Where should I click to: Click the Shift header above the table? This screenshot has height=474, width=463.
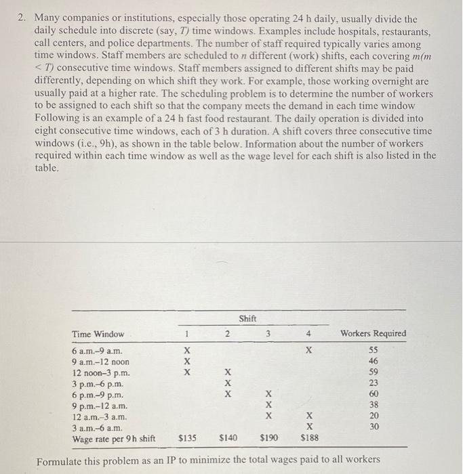coord(248,318)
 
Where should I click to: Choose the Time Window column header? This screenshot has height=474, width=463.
coord(98,334)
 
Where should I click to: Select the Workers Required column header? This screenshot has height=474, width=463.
coord(373,334)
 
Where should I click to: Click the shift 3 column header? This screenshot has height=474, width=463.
coord(268,334)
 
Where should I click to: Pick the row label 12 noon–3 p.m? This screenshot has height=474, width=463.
coord(100,373)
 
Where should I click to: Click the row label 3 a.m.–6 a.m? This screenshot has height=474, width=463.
coord(97,427)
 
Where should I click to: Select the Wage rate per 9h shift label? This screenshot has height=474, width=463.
coord(114,439)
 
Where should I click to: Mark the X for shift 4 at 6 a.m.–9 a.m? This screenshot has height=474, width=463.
coord(309,351)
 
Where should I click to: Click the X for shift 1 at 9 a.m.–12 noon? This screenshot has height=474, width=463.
coord(187,362)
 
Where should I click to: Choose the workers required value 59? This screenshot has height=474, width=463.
coord(373,373)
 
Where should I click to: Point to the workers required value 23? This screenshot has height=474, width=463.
coord(373,383)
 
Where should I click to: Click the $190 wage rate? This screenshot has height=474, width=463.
coord(268,439)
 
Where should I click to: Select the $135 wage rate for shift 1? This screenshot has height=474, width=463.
coord(187,439)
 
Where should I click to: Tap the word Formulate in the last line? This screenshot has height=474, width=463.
coord(59,461)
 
